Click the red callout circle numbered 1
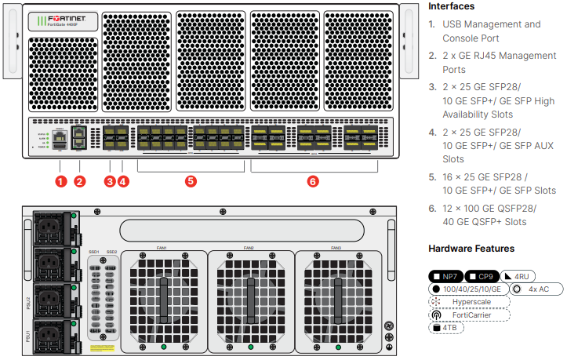tap(60, 181)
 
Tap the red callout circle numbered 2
tap(80, 181)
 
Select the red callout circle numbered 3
tap(109, 181)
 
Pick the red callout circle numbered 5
tap(191, 181)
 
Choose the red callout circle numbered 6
tap(313, 181)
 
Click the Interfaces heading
tap(451, 6)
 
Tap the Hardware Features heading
tap(471, 249)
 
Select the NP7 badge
tap(445, 276)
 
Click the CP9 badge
tap(482, 276)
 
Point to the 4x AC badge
tap(536, 289)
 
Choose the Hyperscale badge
tap(468, 301)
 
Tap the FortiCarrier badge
tap(468, 315)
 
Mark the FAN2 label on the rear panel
tap(249, 248)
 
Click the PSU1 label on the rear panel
tap(28, 338)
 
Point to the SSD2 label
tap(112, 252)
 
